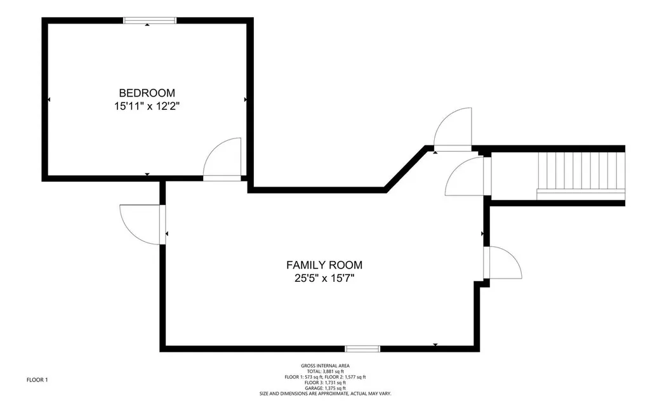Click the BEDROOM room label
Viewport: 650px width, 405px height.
click(147, 93)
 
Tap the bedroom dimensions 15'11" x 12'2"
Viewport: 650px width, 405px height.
click(147, 107)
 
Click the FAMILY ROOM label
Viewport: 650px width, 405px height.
click(324, 265)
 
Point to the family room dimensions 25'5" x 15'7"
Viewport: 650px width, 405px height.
click(324, 278)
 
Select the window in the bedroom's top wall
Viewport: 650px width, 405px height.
click(150, 20)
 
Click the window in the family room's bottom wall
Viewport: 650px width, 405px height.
click(362, 349)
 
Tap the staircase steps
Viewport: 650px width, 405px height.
click(581, 174)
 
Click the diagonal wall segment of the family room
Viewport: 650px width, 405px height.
click(406, 169)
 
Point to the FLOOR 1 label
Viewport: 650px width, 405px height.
click(37, 380)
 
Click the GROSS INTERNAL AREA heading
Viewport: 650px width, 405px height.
click(325, 366)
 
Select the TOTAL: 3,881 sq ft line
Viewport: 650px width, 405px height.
click(325, 371)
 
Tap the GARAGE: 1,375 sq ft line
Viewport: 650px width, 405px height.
click(325, 388)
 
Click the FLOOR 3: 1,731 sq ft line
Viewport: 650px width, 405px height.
click(325, 383)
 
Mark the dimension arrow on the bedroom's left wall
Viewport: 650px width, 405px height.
click(49, 100)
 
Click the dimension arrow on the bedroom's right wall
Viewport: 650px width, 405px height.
click(246, 100)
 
